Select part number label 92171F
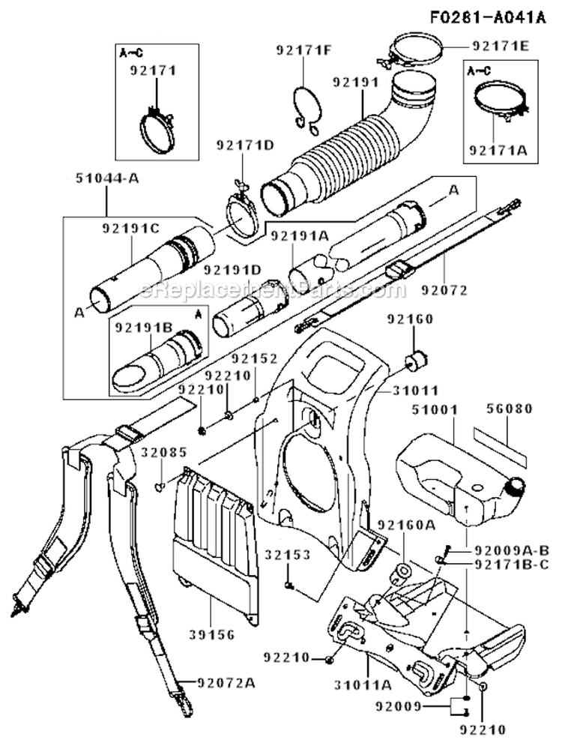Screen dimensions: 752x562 (304, 52)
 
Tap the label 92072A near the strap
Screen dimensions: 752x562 (225, 682)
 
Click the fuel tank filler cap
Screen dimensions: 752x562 (516, 488)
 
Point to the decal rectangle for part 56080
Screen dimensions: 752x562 (498, 442)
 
